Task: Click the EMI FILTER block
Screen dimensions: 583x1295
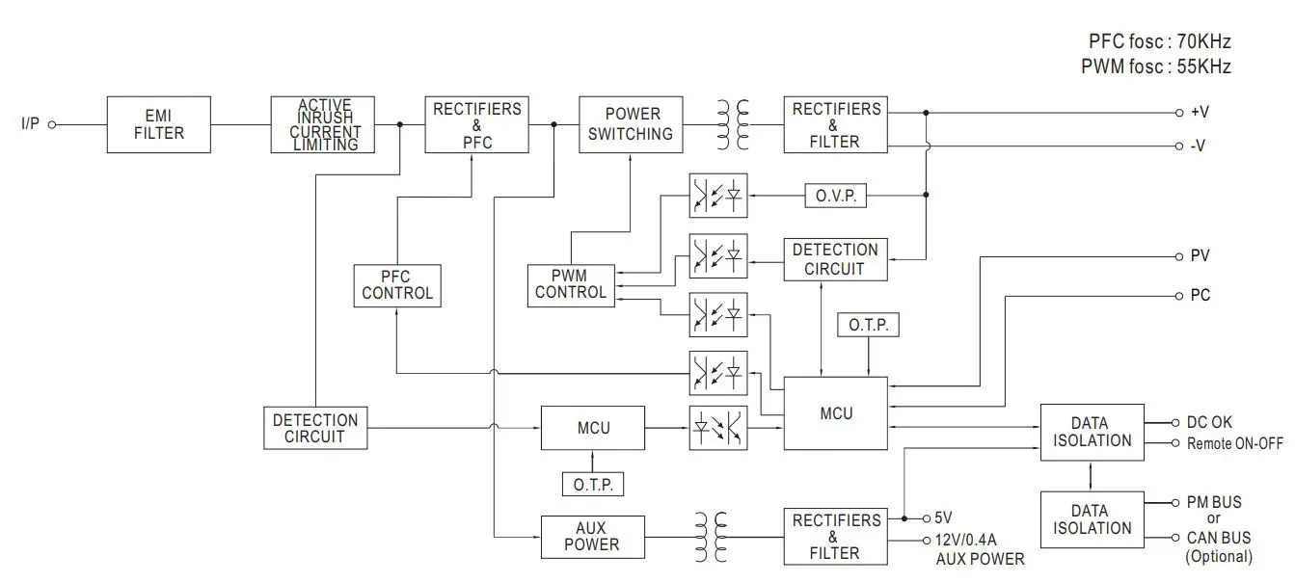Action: point(158,124)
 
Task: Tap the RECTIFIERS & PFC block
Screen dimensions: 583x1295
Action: point(476,124)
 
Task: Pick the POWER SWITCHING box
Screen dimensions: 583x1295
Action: point(631,124)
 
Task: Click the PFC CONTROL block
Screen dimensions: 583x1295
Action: point(397,285)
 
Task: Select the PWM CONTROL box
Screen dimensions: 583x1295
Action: point(571,285)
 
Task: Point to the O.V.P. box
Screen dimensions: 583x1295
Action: point(835,197)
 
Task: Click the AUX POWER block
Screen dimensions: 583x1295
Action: point(592,537)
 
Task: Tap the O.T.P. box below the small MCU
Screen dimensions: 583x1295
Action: point(593,485)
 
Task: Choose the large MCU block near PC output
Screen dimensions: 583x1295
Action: point(836,413)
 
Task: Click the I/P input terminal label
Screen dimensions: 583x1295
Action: point(31,124)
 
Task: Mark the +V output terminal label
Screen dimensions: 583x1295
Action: point(1200,113)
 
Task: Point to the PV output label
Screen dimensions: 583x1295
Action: point(1200,256)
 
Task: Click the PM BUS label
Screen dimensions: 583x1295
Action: point(1213,502)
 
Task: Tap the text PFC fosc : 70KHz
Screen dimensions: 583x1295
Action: point(1159,41)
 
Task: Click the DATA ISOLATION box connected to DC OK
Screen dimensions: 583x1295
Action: point(1089,432)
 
